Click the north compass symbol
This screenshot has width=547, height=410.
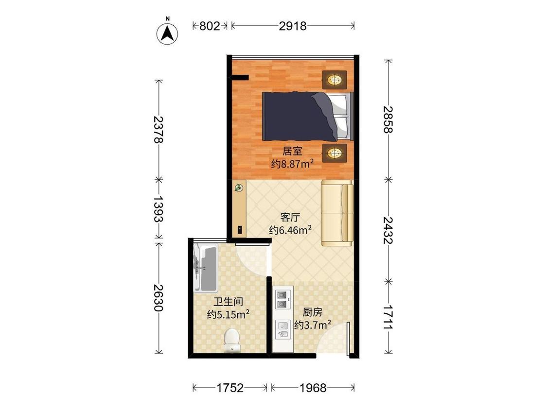click(x=167, y=32)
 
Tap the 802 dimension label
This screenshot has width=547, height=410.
click(x=209, y=26)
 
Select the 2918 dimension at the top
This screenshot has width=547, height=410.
click(x=293, y=26)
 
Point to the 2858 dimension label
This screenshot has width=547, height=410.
click(x=388, y=119)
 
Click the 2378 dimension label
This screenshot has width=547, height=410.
click(x=159, y=129)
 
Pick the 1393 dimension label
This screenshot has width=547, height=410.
click(x=159, y=208)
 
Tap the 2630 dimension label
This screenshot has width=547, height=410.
click(x=159, y=298)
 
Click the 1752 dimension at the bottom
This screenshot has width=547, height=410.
click(x=230, y=388)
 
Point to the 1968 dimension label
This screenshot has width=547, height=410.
click(x=313, y=388)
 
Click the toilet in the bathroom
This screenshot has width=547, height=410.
click(x=231, y=340)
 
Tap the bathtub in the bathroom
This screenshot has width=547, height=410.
click(x=206, y=268)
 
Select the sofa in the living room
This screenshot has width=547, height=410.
click(x=337, y=213)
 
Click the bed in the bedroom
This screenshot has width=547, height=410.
click(x=308, y=117)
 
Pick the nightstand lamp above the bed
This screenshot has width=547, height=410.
click(x=335, y=80)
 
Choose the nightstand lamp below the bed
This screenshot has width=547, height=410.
click(x=335, y=153)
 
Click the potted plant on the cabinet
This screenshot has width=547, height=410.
click(x=239, y=188)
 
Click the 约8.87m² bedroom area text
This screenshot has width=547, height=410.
click(x=292, y=164)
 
